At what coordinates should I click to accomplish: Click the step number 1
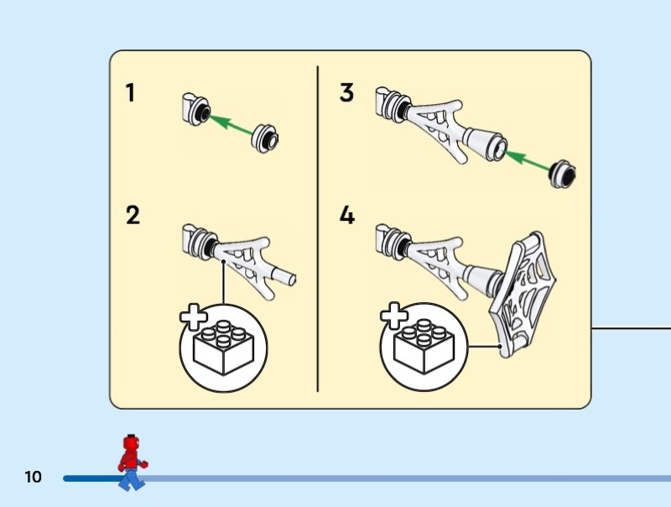pos(130,92)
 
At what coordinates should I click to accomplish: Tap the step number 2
pos(133,215)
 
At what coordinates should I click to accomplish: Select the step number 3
pos(346,92)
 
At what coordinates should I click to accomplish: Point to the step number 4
pos(347,215)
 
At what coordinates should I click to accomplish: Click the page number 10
pos(33,477)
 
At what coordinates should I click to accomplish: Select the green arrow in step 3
pos(528,160)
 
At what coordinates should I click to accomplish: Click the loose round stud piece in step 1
pos(265,138)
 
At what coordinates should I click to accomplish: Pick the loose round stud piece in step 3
pos(562,174)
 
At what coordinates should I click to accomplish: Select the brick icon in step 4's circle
pos(424,346)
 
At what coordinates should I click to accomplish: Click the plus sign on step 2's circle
pos(194,317)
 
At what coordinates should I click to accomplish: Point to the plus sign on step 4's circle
pos(394,316)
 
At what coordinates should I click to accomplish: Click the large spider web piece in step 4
pos(522,295)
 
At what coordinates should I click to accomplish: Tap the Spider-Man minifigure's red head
pos(132,442)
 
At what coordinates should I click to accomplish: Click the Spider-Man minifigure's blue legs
pos(133,479)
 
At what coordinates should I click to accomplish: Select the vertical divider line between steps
pos(318,228)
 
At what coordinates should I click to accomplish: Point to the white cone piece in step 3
pos(486,144)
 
